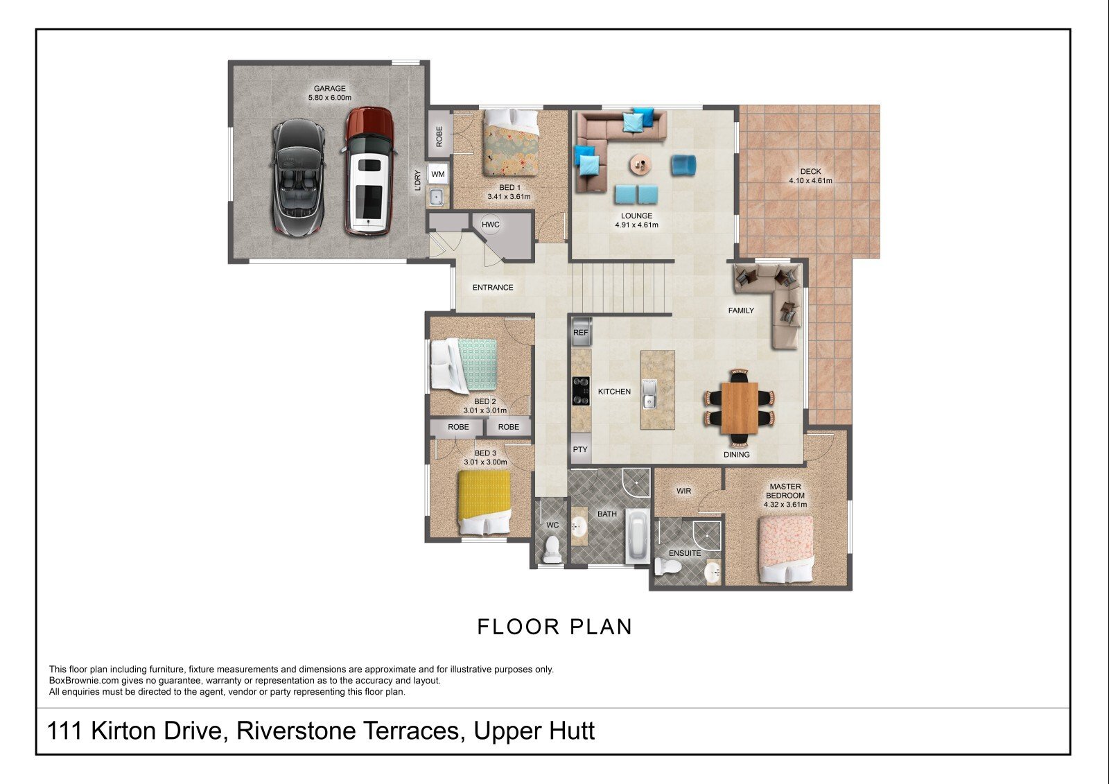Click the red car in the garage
pyautogui.click(x=368, y=171)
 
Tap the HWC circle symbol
pyautogui.click(x=491, y=225)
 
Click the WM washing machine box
pyautogui.click(x=437, y=174)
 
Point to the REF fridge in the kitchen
pyautogui.click(x=581, y=332)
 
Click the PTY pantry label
pyautogui.click(x=580, y=449)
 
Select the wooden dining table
pyautogui.click(x=740, y=408)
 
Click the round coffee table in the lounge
pyautogui.click(x=642, y=164)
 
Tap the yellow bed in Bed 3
pyautogui.click(x=484, y=502)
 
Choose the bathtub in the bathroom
pyautogui.click(x=638, y=536)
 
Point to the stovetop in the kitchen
pyautogui.click(x=581, y=391)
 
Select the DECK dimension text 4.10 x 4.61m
pyautogui.click(x=810, y=181)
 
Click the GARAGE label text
pyautogui.click(x=330, y=89)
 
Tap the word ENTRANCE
pyautogui.click(x=493, y=287)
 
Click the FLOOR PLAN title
pyautogui.click(x=554, y=627)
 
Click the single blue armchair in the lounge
pyautogui.click(x=683, y=165)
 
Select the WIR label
pyautogui.click(x=683, y=491)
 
